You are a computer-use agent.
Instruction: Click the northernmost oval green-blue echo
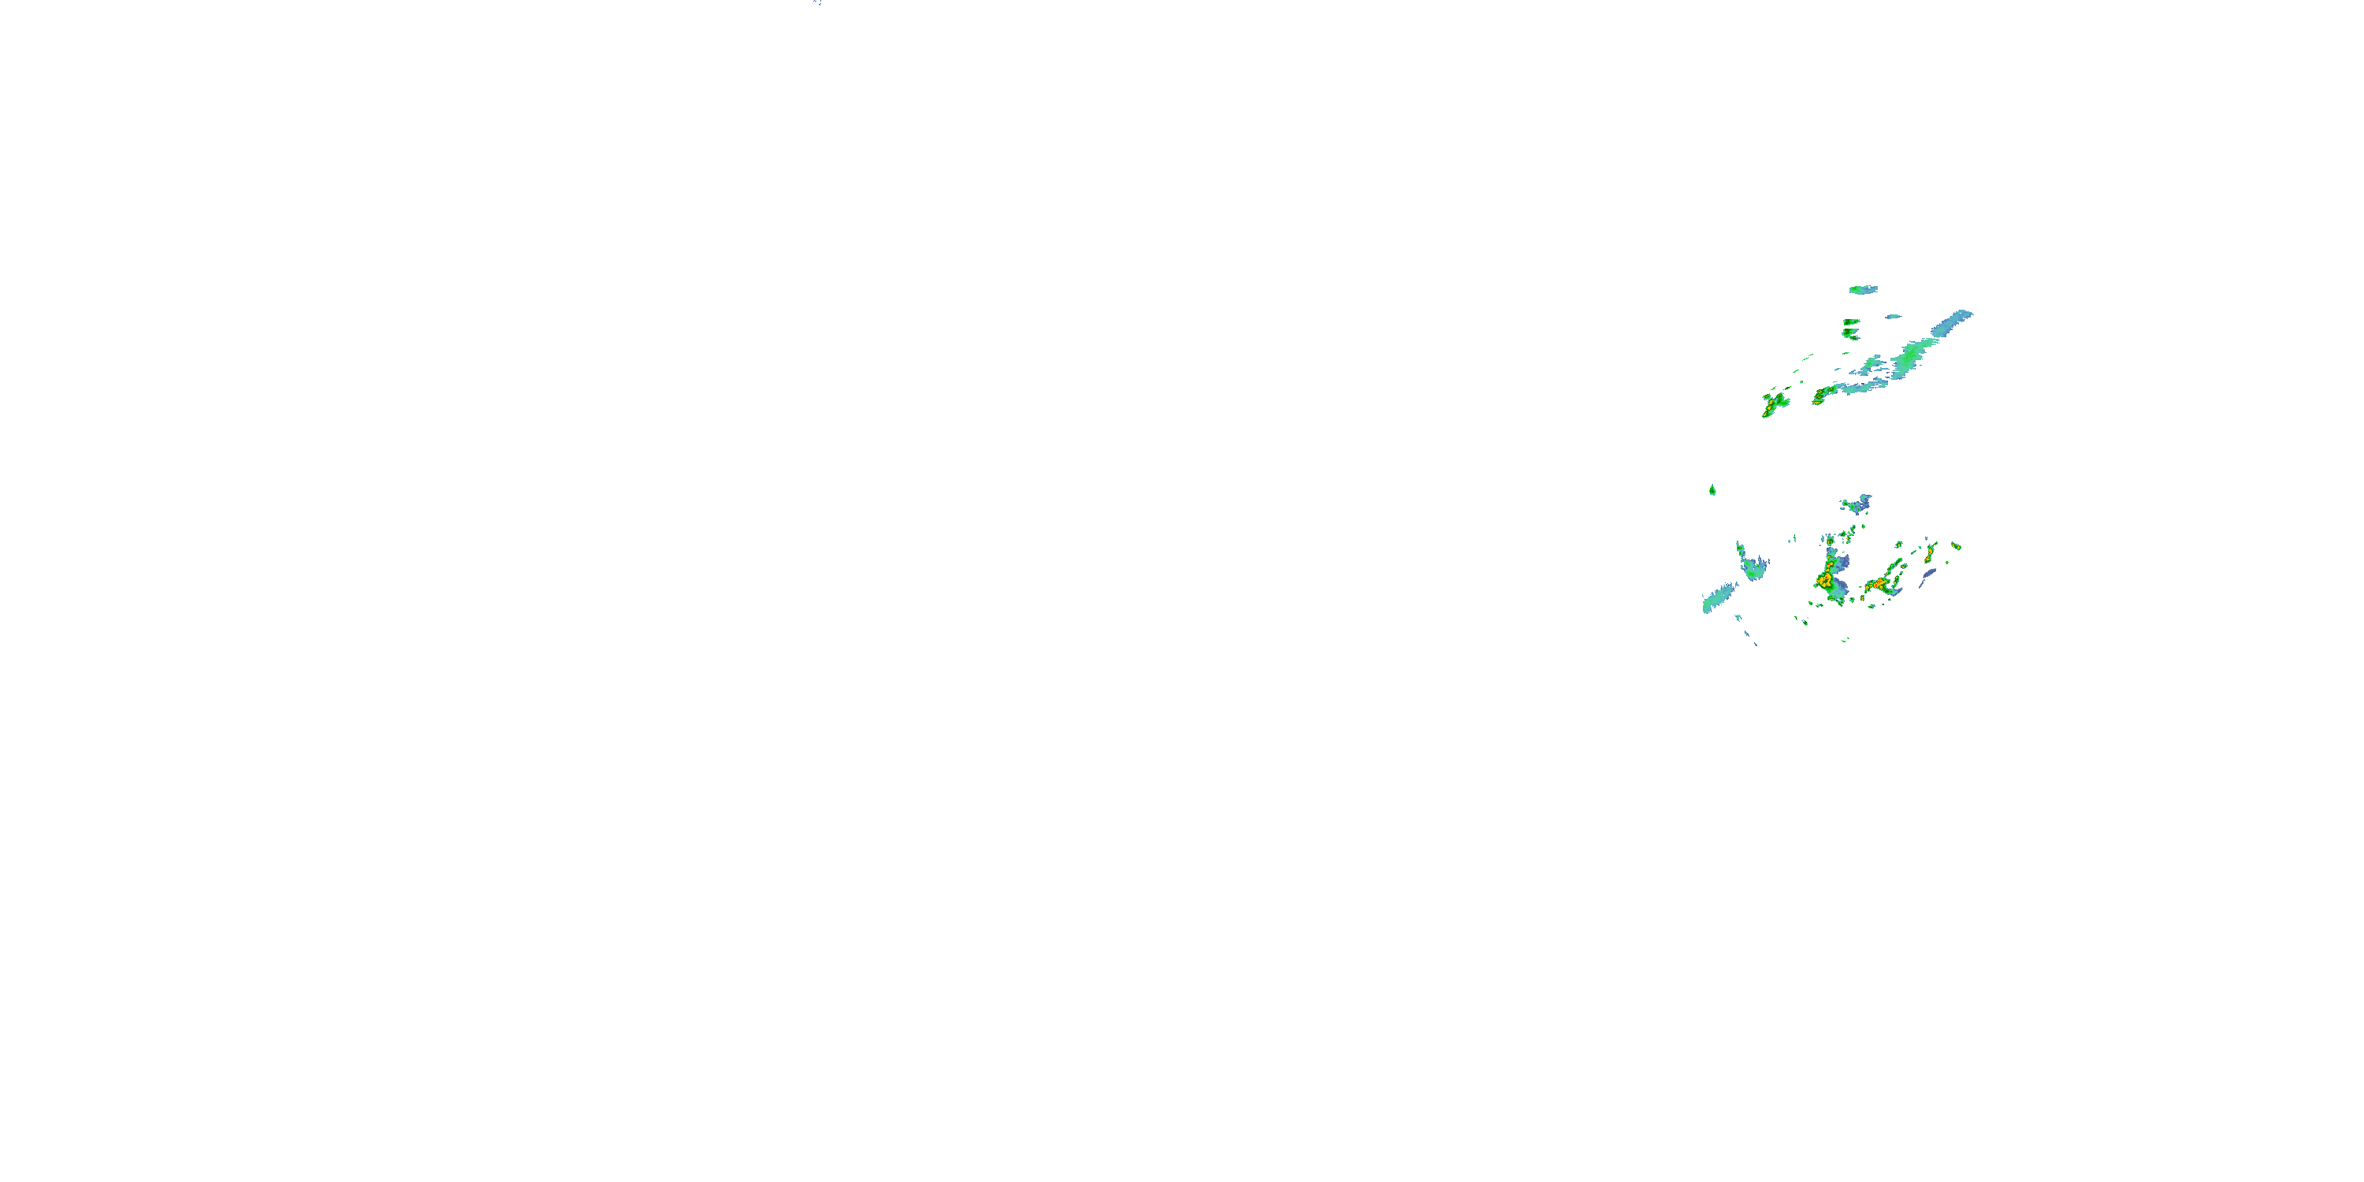click(x=1863, y=290)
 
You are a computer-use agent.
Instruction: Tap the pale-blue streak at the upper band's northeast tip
click(x=1953, y=322)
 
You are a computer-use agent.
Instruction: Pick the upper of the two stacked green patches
click(x=1851, y=323)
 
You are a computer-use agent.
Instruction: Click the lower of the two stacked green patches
click(x=1850, y=335)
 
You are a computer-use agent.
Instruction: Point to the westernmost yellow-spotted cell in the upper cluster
click(x=1774, y=403)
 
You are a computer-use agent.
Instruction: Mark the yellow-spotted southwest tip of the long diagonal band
click(x=1821, y=396)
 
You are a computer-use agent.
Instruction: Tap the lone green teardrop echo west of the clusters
click(x=1712, y=490)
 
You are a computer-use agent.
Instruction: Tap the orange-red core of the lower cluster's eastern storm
click(x=1879, y=584)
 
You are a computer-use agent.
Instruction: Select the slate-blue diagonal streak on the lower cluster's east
click(x=1928, y=575)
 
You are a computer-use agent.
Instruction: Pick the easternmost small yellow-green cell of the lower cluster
click(x=1956, y=547)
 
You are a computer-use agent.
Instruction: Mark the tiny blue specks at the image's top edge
click(x=816, y=2)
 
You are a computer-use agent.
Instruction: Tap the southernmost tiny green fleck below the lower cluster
click(x=1844, y=640)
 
